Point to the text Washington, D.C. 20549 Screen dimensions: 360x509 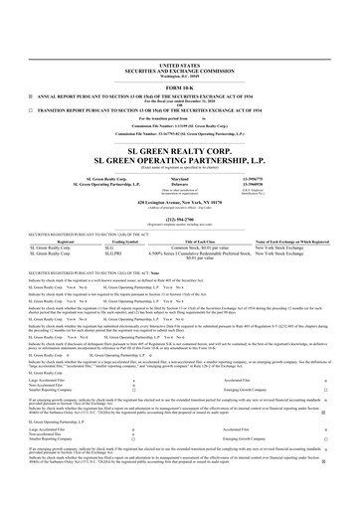coord(179,49)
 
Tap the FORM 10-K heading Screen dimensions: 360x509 coord(179,59)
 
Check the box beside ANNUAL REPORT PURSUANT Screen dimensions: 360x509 coord(29,67)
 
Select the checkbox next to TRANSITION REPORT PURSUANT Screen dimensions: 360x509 coord(29,84)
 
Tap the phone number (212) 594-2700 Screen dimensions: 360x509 coord(179,191)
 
